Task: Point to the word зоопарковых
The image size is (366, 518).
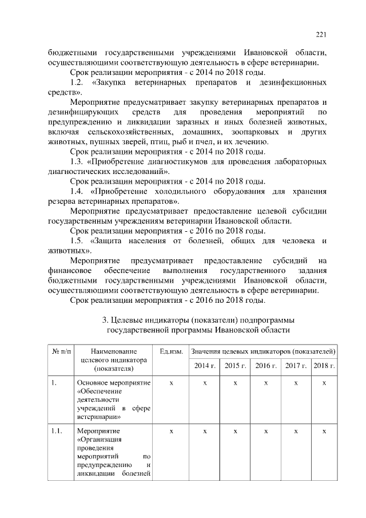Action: tap(258, 133)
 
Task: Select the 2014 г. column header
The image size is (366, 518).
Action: tap(204, 365)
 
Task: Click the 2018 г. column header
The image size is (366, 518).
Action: tap(324, 365)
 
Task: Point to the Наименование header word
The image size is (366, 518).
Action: tap(114, 350)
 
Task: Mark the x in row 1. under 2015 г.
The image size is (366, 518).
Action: tap(235, 382)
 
